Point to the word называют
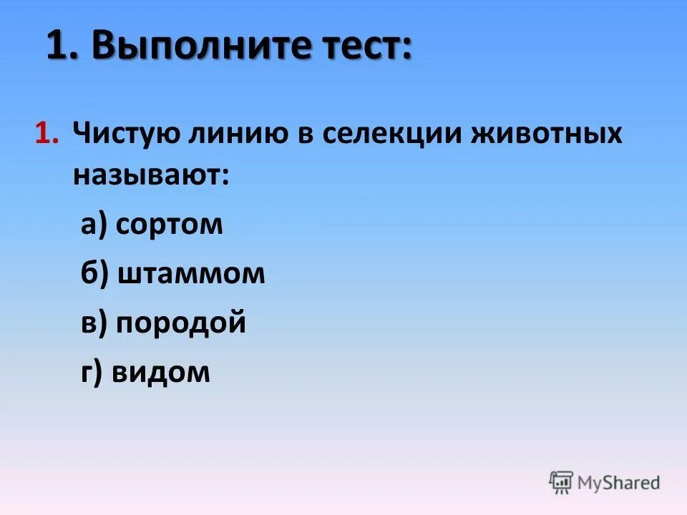(x=150, y=175)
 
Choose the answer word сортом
(x=169, y=225)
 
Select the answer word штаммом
(x=190, y=274)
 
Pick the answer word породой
(x=181, y=323)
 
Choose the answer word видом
(x=162, y=373)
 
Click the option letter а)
(x=93, y=225)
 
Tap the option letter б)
(x=94, y=274)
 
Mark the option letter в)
(x=94, y=323)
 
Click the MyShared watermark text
(x=620, y=483)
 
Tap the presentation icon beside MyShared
(x=562, y=482)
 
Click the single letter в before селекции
(x=303, y=134)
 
